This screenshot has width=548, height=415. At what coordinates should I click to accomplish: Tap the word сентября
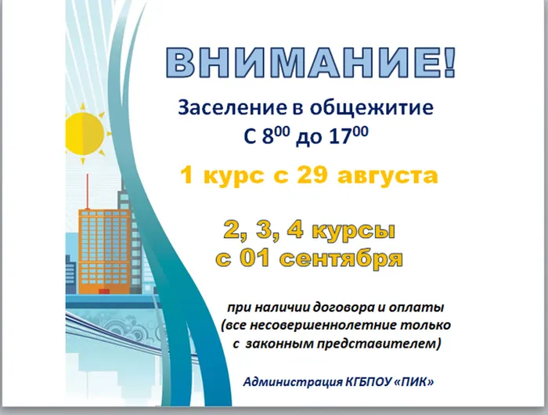[x=346, y=258]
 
